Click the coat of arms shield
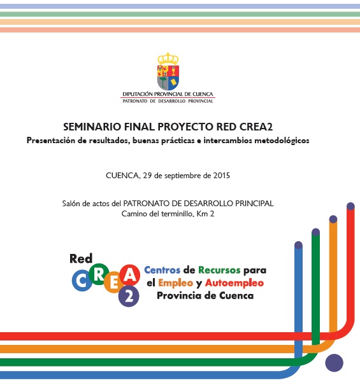point(168,78)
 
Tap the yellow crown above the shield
point(168,59)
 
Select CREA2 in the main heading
point(256,127)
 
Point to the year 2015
point(221,176)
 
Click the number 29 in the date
point(147,176)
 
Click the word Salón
point(71,203)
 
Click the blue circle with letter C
point(82,281)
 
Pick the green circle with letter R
point(99,274)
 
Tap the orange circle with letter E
point(114,283)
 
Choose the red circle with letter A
point(129,275)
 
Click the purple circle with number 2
point(129,296)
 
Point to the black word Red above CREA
point(81,258)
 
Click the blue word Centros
point(162,270)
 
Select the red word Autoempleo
point(234,283)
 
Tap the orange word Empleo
point(175,283)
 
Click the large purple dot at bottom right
point(334,363)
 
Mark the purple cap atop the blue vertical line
point(298,245)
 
